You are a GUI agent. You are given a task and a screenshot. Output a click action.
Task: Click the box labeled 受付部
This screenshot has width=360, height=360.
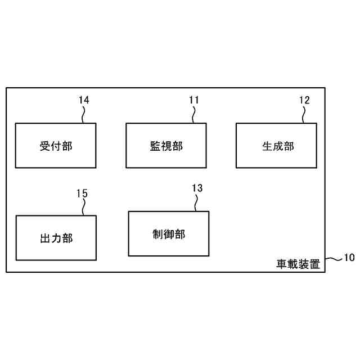pyautogui.click(x=56, y=146)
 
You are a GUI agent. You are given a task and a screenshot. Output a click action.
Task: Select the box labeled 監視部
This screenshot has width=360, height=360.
pyautogui.click(x=166, y=146)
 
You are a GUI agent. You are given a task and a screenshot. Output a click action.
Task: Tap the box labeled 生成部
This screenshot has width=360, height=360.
pyautogui.click(x=277, y=146)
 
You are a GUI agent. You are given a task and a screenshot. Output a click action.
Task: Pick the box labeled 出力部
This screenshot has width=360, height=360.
pyautogui.click(x=56, y=238)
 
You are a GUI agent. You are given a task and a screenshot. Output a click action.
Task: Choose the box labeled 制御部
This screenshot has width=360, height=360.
pyautogui.click(x=168, y=234)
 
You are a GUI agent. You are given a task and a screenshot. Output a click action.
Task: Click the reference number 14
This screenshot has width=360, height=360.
pyautogui.click(x=84, y=100)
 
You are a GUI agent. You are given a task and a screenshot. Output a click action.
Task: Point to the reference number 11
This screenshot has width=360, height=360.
pyautogui.click(x=194, y=100)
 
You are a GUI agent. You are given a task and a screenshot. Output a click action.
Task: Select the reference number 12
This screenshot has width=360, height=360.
pyautogui.click(x=304, y=100)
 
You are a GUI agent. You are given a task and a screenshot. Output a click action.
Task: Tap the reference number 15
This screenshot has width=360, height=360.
pyautogui.click(x=82, y=193)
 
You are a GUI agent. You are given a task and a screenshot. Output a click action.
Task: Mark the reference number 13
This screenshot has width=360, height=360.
pyautogui.click(x=197, y=188)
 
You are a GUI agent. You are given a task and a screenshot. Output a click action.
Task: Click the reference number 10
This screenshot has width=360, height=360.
pyautogui.click(x=349, y=258)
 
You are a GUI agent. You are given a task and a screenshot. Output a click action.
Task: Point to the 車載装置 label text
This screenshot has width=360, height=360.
pyautogui.click(x=298, y=263)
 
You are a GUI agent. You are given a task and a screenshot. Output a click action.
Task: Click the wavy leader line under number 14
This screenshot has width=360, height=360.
pyautogui.click(x=83, y=114)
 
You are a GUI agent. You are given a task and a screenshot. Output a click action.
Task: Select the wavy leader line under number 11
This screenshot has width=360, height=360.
pyautogui.click(x=193, y=114)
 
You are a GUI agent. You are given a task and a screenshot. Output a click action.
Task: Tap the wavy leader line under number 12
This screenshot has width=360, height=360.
pyautogui.click(x=304, y=114)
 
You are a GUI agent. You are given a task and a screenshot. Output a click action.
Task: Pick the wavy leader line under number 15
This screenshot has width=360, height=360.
pyautogui.click(x=83, y=207)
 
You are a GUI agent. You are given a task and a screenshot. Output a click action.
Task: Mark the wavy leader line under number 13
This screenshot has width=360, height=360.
pyautogui.click(x=196, y=202)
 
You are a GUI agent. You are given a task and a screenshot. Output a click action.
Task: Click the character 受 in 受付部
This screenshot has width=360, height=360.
pyautogui.click(x=46, y=146)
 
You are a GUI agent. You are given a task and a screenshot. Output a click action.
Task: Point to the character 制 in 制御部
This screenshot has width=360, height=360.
pyautogui.click(x=158, y=234)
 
